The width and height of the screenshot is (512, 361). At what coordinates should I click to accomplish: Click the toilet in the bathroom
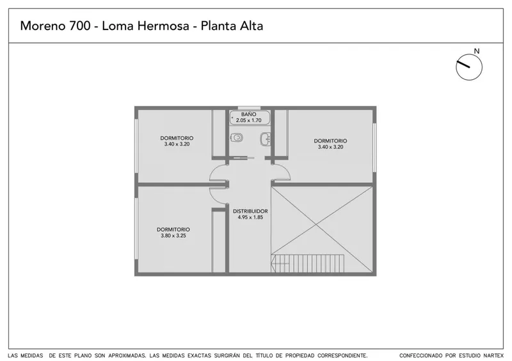[x=236, y=138]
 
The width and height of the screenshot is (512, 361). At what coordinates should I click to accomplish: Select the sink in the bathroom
[x=266, y=139]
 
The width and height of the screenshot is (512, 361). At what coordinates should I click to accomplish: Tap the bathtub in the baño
[x=250, y=118]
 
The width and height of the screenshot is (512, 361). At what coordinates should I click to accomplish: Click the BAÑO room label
[x=249, y=114]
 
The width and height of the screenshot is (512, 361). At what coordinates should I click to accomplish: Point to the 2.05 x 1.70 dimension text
[x=249, y=120]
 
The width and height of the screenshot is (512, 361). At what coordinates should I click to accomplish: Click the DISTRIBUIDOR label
[x=250, y=211]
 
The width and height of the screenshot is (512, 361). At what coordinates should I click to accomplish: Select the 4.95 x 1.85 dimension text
[x=250, y=217]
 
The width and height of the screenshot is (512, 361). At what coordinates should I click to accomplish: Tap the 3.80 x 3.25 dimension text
[x=173, y=236]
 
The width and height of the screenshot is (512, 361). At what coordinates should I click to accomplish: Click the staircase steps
[x=308, y=263]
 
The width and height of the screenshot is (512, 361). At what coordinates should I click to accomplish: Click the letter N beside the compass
[x=477, y=51]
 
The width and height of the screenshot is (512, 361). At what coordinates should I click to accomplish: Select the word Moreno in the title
[x=43, y=26]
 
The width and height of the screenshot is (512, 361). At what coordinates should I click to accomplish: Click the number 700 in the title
[x=79, y=26]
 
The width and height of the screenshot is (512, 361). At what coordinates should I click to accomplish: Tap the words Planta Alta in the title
[x=232, y=26]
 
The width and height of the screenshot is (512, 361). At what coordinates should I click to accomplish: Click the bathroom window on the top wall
[x=249, y=107]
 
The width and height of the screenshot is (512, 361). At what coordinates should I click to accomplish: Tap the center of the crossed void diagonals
[x=316, y=224]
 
